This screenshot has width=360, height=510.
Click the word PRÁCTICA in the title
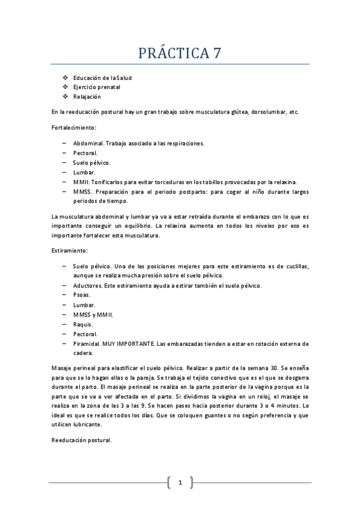coord(171,53)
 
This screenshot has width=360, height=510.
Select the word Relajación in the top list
coord(87,96)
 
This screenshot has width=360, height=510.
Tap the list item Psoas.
coord(82,295)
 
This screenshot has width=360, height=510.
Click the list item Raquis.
coord(83,324)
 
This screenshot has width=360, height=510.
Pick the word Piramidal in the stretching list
coord(87,343)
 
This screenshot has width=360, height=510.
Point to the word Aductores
coord(87,285)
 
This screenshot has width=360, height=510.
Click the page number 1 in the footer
coord(180,482)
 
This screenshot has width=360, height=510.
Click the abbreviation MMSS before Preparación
coord(82,192)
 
